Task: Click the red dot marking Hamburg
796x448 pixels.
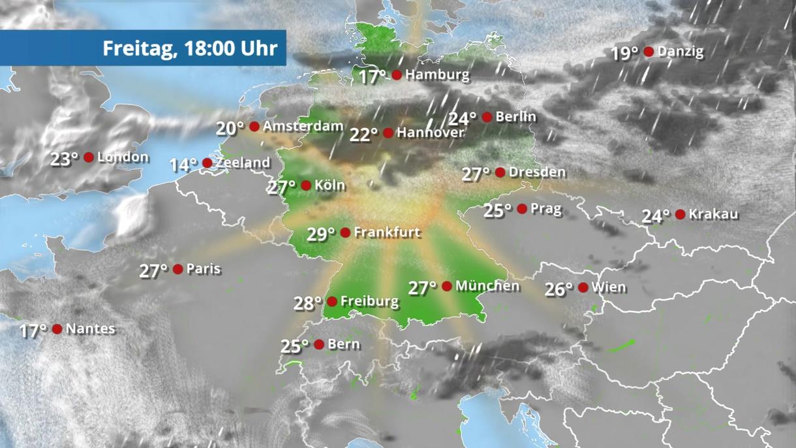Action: pos(397,75)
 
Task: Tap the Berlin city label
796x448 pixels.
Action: pos(515,117)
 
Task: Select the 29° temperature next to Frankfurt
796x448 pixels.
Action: pos(321,234)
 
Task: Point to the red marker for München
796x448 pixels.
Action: pos(447,286)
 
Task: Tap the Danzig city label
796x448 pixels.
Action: pos(681,52)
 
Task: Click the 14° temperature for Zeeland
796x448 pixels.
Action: pos(183,165)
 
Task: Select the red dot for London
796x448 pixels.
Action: pos(89,157)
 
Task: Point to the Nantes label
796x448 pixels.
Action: pos(91,329)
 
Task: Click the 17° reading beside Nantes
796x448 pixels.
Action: pos(33,331)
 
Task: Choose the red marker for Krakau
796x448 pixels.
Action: pos(681,214)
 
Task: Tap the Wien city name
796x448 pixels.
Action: pos(609,287)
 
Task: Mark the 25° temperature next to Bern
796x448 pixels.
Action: pos(295,346)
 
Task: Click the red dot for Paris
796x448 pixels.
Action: pos(177,269)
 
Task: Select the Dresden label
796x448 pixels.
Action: pos(537,172)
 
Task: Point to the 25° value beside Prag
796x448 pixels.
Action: pos(498,210)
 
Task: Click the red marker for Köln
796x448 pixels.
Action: pos(306,185)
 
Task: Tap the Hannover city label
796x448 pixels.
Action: pos(430,133)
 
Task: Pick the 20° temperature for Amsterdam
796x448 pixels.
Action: pos(230,128)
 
